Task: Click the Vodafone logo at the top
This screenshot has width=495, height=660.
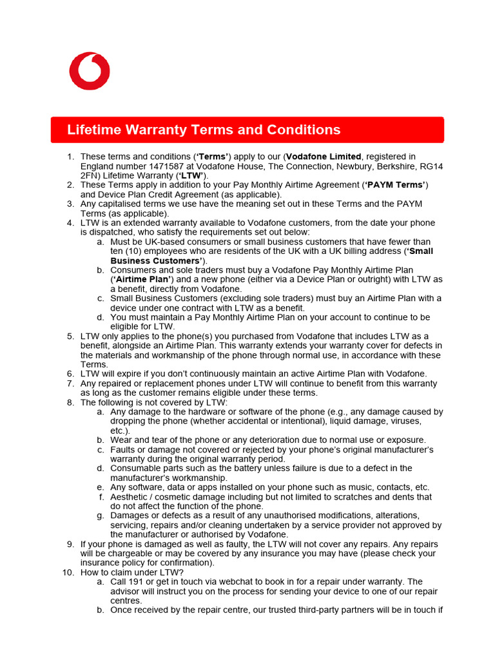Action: (90, 71)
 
